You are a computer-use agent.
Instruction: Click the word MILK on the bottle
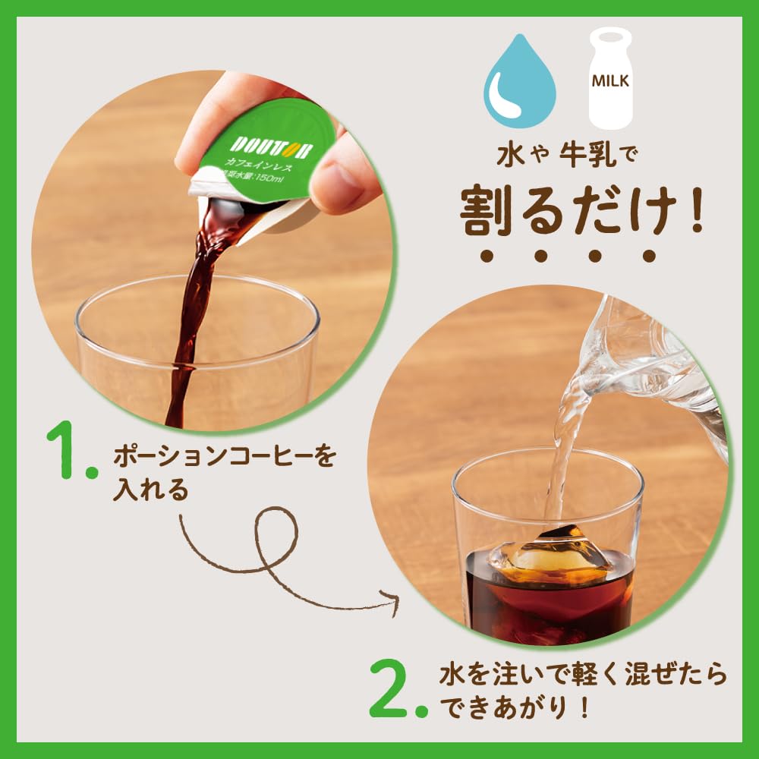[x=610, y=81]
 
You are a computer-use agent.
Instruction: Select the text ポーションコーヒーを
[x=223, y=458]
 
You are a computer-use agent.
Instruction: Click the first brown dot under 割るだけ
[x=487, y=256]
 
